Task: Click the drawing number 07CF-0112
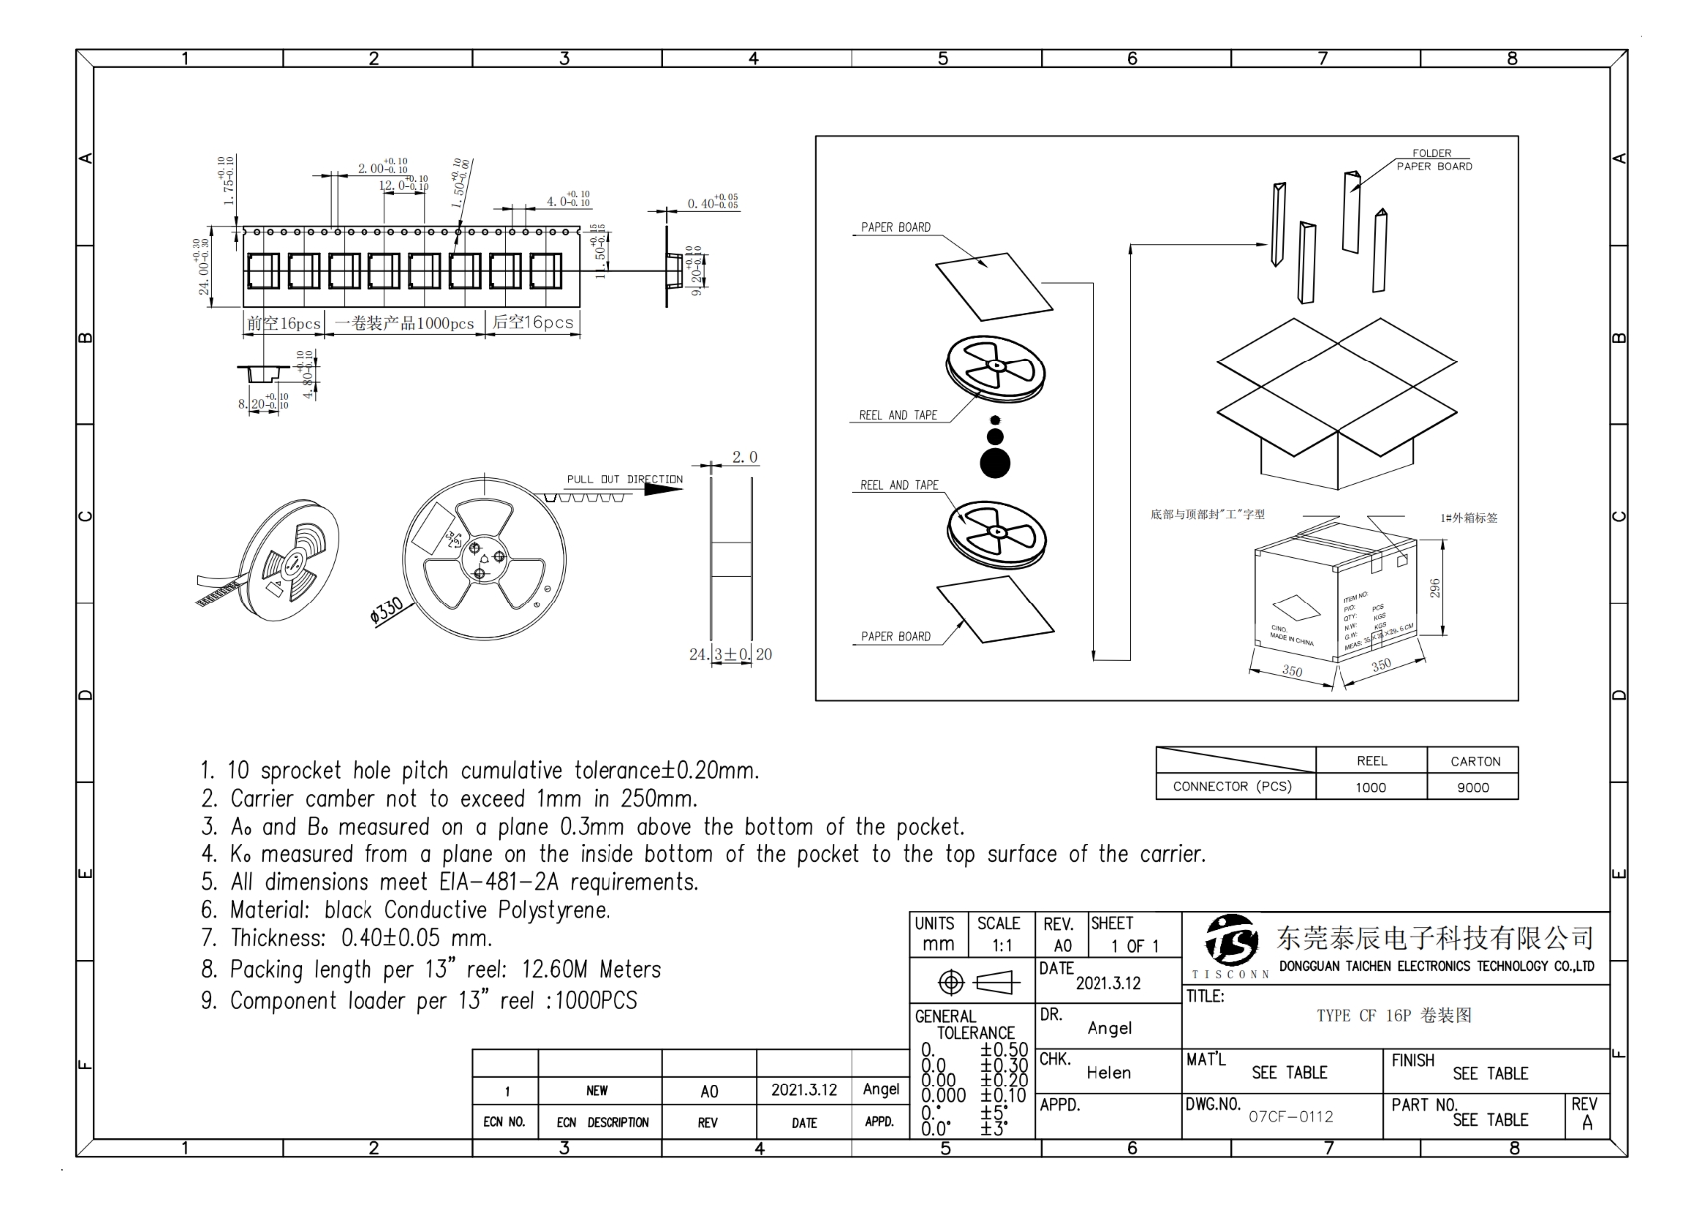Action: click(1290, 1116)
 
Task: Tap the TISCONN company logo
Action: click(1231, 940)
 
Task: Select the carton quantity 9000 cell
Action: click(1473, 787)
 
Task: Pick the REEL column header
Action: click(1371, 761)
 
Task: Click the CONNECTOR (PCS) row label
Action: click(1232, 786)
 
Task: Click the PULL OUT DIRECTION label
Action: click(624, 479)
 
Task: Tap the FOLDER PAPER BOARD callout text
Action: click(1433, 159)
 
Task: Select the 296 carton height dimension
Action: click(1434, 588)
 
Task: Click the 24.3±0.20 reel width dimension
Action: click(730, 654)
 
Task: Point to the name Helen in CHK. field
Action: click(1108, 1072)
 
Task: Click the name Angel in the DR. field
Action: click(1109, 1028)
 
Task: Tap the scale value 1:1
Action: click(1002, 946)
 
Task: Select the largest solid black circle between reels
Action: click(995, 462)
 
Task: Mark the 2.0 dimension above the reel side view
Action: click(745, 457)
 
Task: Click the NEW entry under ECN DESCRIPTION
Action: click(597, 1090)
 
